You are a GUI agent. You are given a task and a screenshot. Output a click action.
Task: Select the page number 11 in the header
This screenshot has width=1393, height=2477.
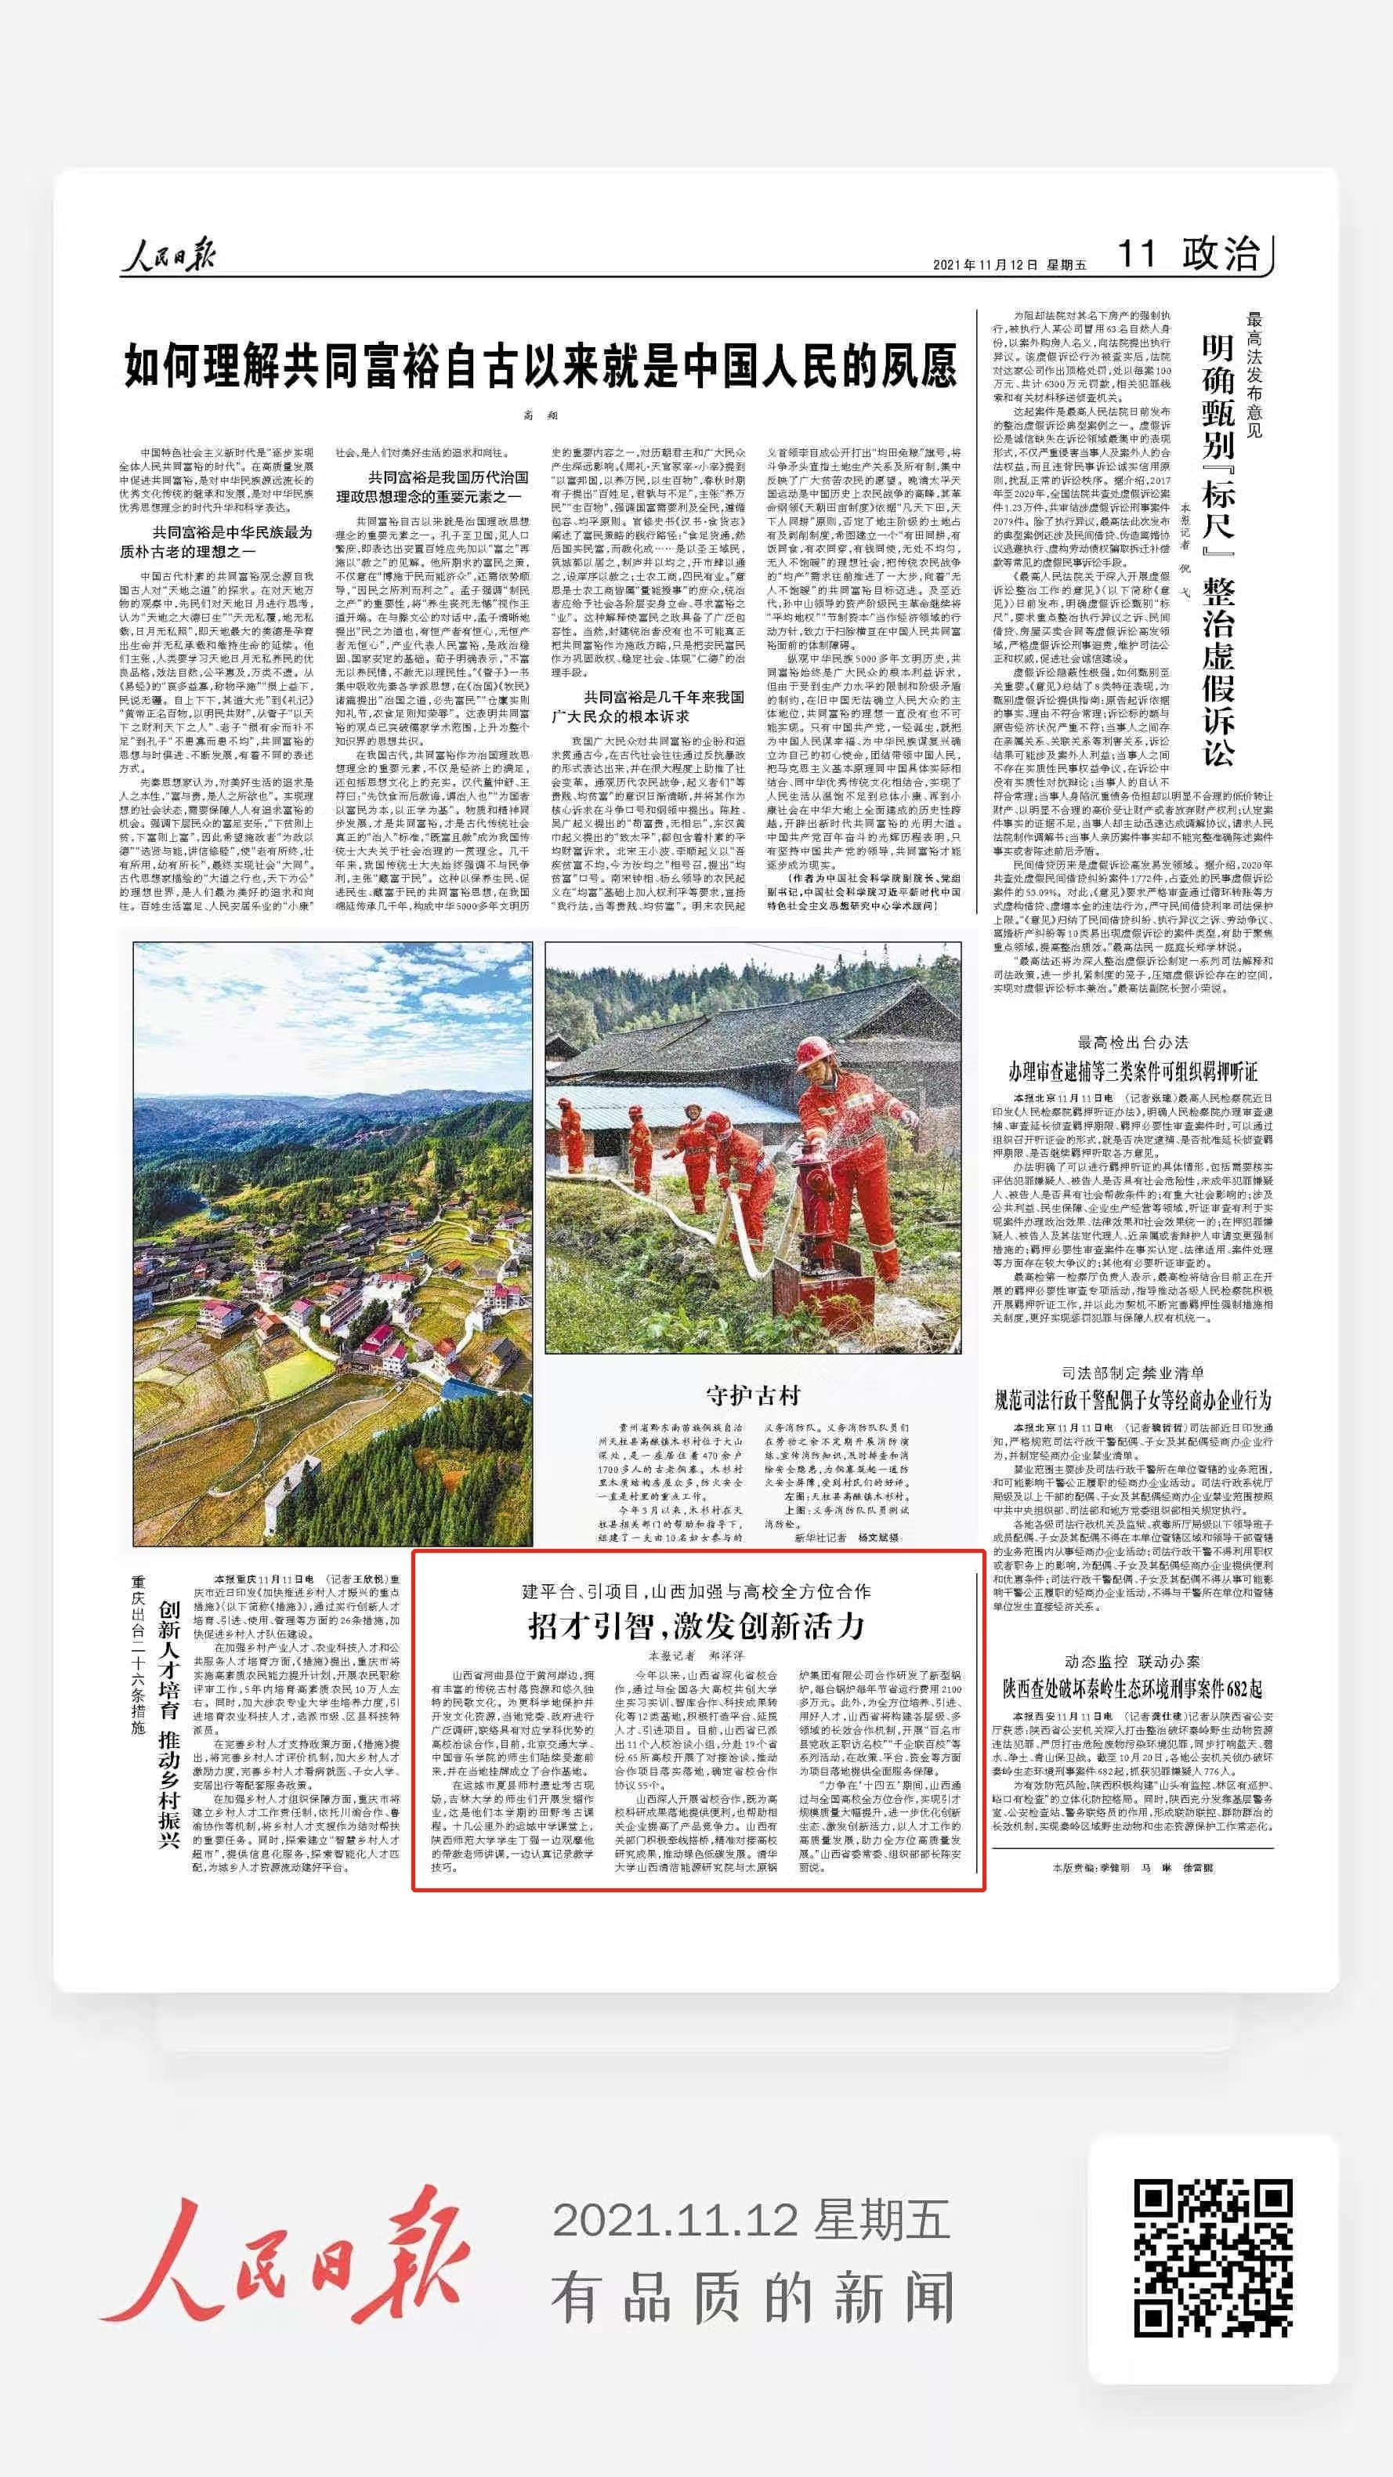point(1135,255)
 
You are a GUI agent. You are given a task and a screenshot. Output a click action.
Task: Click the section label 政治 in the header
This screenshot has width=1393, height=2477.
point(1221,254)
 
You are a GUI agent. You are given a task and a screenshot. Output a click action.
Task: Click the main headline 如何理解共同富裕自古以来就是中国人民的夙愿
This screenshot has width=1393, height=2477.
point(541,365)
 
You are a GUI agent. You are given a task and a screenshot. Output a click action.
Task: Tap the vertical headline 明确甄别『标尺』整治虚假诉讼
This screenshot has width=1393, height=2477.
point(1218,549)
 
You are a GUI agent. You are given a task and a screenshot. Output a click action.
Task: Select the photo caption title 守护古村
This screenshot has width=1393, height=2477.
point(753,1395)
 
